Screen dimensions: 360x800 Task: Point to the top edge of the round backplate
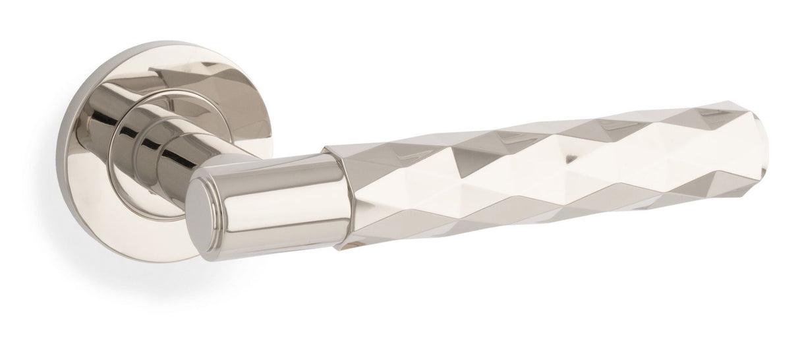tap(165, 45)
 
